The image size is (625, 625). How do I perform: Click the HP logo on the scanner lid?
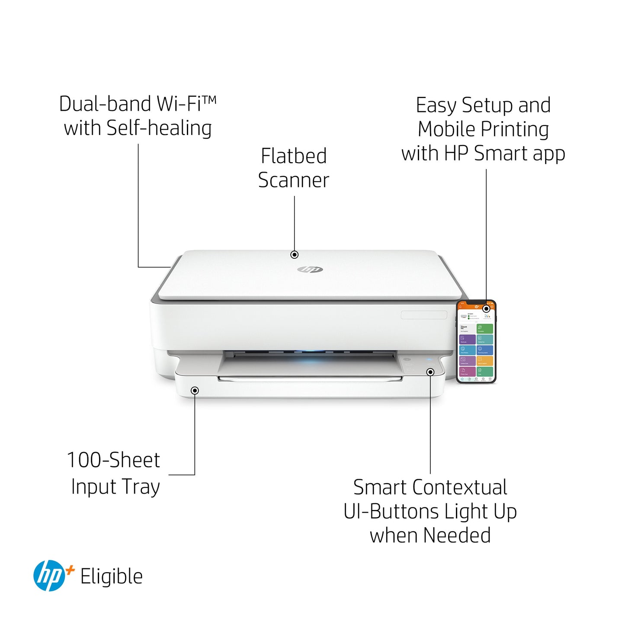pos(310,269)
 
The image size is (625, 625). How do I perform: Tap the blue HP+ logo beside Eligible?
pos(49,576)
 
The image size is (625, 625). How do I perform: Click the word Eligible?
pos(112,577)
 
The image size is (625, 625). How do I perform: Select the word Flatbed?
pos(294,156)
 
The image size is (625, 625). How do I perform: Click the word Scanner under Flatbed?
pos(294,180)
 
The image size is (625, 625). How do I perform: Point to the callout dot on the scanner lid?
pos(295,255)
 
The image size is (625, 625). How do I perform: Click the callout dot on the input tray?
pos(195,391)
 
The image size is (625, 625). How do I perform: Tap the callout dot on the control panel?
pos(430,372)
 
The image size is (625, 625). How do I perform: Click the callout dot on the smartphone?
pos(487,308)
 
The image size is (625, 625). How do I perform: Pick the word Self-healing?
pos(159,128)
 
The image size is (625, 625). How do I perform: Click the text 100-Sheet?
pos(113,460)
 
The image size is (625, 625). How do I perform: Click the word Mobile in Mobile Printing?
pos(447,129)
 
